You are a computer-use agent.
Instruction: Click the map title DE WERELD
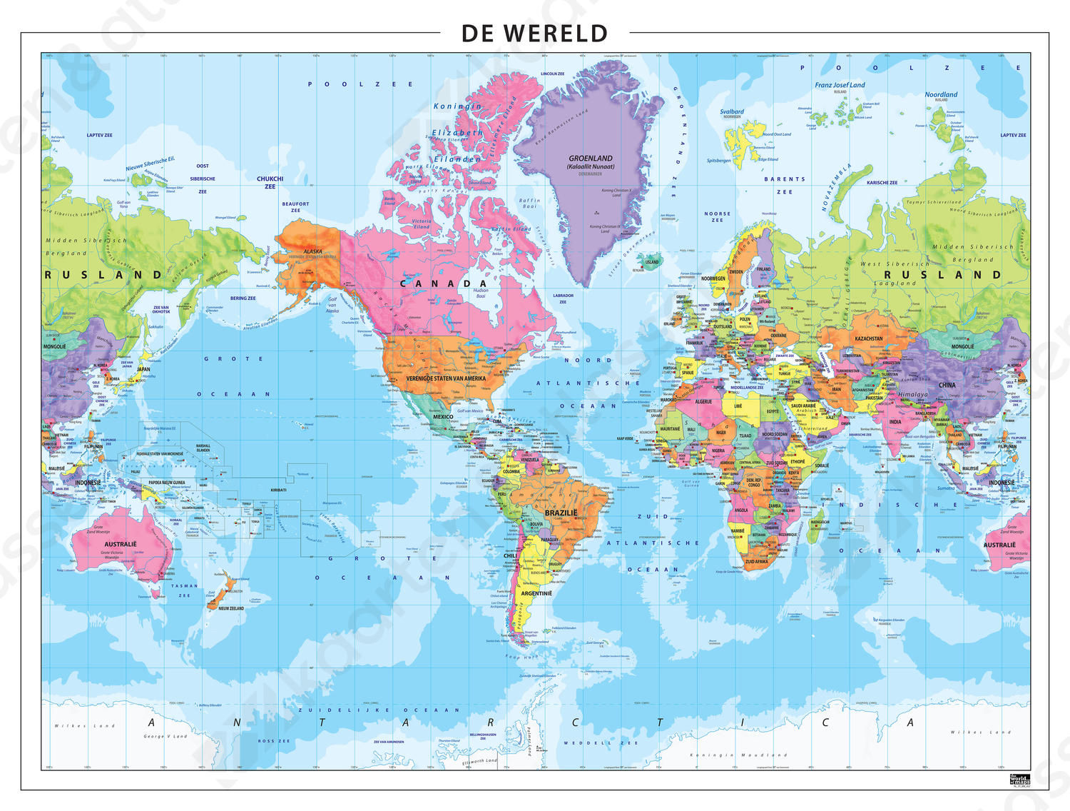click(x=534, y=34)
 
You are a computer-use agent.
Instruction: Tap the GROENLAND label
click(x=591, y=158)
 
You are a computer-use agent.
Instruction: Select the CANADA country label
click(x=443, y=283)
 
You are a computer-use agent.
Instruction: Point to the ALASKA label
click(x=312, y=251)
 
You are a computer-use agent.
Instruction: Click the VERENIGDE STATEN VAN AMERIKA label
click(x=446, y=378)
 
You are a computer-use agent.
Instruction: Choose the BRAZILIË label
click(x=561, y=513)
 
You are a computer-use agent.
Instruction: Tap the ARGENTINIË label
click(x=536, y=593)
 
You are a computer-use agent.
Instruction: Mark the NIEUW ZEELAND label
click(x=231, y=608)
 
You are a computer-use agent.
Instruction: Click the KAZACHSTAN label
click(x=869, y=338)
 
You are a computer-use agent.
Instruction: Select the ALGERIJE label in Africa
click(x=703, y=401)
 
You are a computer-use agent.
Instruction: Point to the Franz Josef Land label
click(x=840, y=85)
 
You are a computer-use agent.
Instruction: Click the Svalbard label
click(x=731, y=111)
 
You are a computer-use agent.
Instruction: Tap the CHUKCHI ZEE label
click(x=270, y=182)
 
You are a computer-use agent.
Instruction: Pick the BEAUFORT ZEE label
click(x=295, y=207)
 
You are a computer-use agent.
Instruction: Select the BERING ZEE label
click(x=243, y=298)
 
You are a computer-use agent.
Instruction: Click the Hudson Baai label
click(x=481, y=293)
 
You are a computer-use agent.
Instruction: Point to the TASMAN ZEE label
click(x=184, y=590)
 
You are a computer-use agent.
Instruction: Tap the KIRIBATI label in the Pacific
click(x=278, y=490)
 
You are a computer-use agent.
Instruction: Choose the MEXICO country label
click(x=443, y=417)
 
